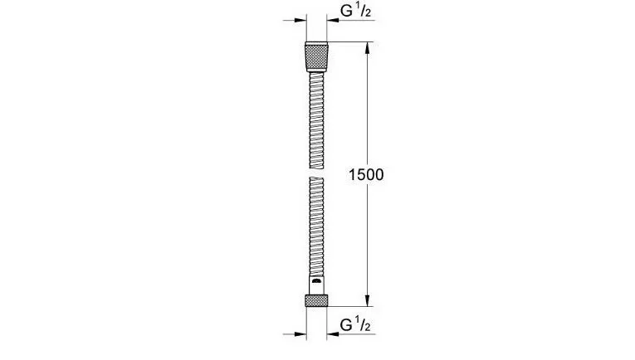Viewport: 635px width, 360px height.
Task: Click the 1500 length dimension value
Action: click(x=366, y=175)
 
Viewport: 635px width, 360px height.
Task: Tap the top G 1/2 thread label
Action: click(x=355, y=12)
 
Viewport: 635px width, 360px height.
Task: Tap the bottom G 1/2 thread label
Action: click(x=355, y=325)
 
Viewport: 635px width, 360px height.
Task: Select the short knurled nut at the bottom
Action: click(x=316, y=300)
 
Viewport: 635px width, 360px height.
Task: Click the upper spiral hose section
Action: click(x=316, y=120)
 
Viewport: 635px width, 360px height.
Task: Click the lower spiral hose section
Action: click(x=316, y=226)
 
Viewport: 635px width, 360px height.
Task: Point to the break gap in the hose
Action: click(x=316, y=173)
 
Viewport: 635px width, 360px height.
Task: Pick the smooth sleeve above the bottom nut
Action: click(x=316, y=285)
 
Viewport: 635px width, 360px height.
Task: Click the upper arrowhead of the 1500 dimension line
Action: click(x=368, y=48)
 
